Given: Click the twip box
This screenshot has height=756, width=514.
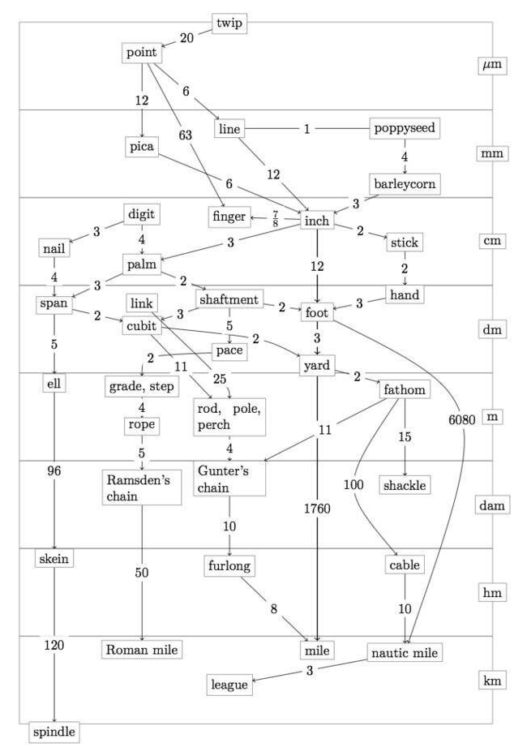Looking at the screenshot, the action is coord(229,24).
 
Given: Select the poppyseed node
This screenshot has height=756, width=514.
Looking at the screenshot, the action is coord(405,128).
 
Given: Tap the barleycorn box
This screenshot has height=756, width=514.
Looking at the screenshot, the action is coord(405,184).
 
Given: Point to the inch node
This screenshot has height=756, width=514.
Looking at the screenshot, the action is coord(317,221).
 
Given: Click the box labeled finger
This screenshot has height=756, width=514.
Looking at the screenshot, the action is coord(229,217).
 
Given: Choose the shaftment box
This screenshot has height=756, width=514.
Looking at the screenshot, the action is coord(229,299).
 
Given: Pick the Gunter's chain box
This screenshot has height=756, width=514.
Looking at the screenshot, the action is coord(229,479).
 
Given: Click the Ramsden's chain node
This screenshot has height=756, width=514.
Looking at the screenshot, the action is coord(142,488).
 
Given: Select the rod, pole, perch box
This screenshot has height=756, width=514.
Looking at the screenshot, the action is coord(229,417).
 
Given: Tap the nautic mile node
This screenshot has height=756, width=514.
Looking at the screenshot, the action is coord(405,653).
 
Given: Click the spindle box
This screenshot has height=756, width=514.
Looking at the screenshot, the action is coord(54,732).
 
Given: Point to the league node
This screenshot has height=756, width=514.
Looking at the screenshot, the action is coord(229,685).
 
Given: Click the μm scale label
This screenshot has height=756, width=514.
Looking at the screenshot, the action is coord(492,65).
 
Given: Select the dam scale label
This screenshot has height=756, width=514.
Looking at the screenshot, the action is coord(492,505).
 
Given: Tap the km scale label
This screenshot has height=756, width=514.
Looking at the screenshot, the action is coord(492,681).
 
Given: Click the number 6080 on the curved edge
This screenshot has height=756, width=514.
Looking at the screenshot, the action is coord(462,420).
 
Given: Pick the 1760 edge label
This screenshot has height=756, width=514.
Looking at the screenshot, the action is coord(317,508).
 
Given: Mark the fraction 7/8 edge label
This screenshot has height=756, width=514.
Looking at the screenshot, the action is coord(275,219).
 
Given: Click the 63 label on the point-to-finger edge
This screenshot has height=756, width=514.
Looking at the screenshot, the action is coord(186,135).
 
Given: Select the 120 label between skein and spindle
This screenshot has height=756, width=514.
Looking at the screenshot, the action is coord(54,645).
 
